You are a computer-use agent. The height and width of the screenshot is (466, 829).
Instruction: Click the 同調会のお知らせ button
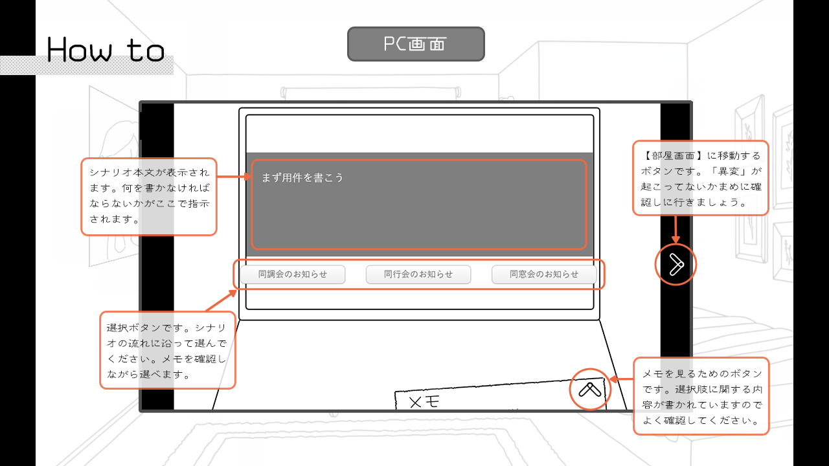click(x=292, y=274)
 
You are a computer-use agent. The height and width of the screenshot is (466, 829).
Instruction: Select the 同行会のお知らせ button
click(x=418, y=274)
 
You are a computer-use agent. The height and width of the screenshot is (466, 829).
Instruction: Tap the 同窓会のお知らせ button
click(x=544, y=274)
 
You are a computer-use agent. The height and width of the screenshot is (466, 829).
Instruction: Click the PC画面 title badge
click(x=416, y=44)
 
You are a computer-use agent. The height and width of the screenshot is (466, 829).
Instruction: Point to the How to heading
click(x=106, y=50)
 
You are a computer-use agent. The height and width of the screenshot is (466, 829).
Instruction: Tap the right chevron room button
click(x=676, y=265)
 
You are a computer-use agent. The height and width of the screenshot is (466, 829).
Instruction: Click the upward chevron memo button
click(x=591, y=389)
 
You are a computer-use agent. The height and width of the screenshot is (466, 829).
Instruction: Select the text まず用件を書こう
click(x=302, y=178)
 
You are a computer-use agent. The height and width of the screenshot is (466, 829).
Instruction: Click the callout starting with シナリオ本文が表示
click(x=149, y=196)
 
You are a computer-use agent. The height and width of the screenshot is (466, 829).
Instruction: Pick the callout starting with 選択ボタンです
click(x=167, y=350)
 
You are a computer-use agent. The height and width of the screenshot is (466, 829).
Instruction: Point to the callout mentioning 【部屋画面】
click(x=700, y=178)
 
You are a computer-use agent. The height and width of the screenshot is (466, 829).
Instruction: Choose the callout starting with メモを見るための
click(x=701, y=396)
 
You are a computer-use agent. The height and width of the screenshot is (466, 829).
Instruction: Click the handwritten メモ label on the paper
click(x=425, y=402)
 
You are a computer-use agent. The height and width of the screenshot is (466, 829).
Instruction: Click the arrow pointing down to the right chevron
click(x=676, y=230)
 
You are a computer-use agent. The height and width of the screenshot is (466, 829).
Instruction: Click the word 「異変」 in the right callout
click(x=736, y=172)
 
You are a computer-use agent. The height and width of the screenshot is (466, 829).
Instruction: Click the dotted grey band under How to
click(x=87, y=65)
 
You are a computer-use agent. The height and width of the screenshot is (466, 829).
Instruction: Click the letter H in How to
click(x=59, y=50)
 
